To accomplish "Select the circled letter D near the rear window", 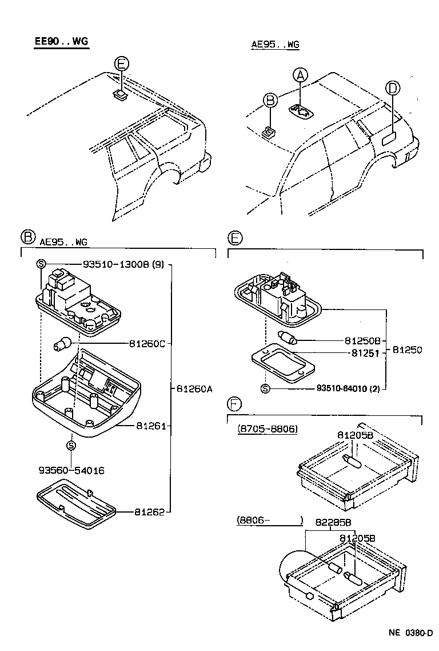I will click(392, 88).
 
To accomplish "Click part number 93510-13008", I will click(115, 265).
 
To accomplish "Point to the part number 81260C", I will click(146, 344).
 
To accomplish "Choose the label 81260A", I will click(194, 389).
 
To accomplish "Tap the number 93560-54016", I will click(71, 470).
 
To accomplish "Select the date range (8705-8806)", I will click(267, 428).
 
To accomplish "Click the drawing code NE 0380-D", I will click(410, 633).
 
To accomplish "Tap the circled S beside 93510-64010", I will click(265, 389).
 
